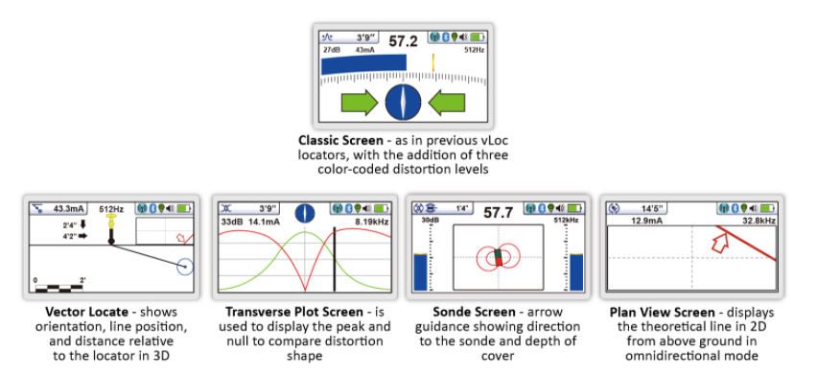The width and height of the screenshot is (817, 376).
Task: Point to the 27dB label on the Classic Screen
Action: [331, 49]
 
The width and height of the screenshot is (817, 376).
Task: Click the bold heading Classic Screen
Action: [338, 139]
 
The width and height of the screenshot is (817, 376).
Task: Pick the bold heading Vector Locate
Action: [82, 313]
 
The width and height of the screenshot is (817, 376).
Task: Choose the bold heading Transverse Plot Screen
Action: [281, 313]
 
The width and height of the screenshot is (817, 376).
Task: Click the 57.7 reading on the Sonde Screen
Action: [499, 211]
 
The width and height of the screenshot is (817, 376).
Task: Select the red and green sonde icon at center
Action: [498, 257]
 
